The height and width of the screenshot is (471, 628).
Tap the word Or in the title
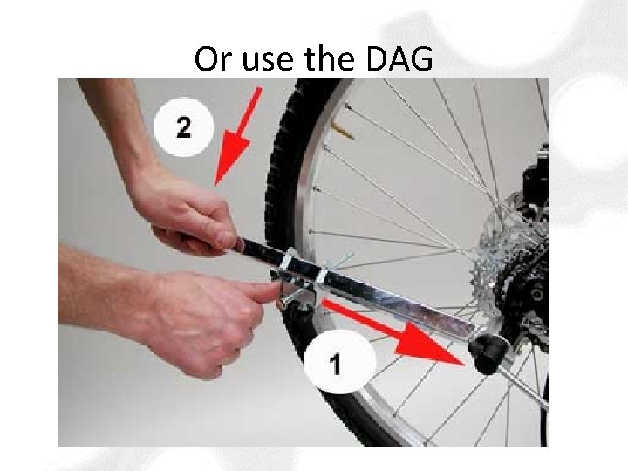pyautogui.click(x=213, y=59)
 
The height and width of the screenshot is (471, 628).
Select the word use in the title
pyautogui.click(x=268, y=62)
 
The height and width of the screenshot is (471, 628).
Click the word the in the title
pyautogui.click(x=329, y=58)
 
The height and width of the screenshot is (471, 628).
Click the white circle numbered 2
pyautogui.click(x=183, y=127)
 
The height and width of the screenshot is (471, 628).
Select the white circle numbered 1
pyautogui.click(x=339, y=363)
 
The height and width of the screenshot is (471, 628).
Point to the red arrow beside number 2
pyautogui.click(x=238, y=136)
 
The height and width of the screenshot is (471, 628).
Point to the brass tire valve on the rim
pyautogui.click(x=343, y=131)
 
